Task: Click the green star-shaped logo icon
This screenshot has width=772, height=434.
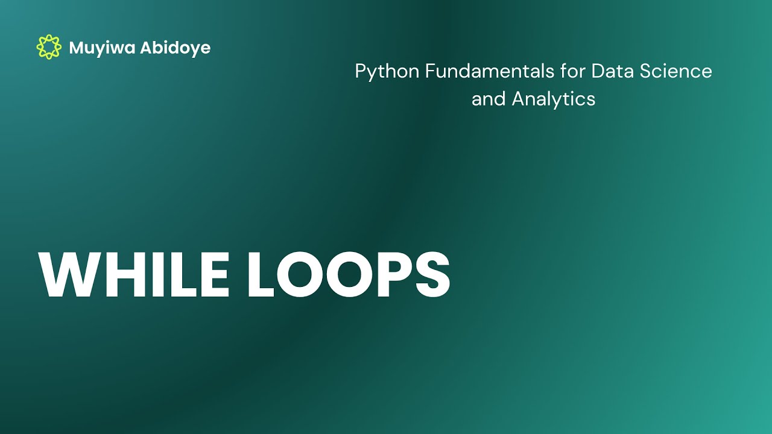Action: [48, 47]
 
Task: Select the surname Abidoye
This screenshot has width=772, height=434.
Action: [176, 48]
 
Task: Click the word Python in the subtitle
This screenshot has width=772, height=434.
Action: [387, 72]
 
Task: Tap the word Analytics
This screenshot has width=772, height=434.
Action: [554, 99]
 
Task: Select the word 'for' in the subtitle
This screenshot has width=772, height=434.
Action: [572, 71]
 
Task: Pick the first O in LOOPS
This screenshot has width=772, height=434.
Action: [304, 274]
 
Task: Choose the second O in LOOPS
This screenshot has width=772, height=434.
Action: [358, 274]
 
